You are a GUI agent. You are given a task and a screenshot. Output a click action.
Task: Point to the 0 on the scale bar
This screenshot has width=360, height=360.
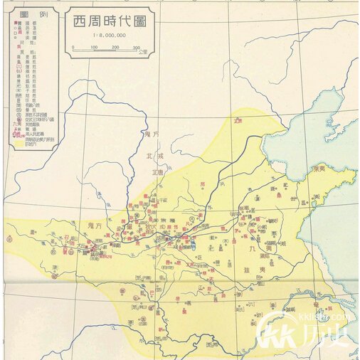coord(73,48)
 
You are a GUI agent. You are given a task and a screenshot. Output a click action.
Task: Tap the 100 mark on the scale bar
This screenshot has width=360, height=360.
coord(94,48)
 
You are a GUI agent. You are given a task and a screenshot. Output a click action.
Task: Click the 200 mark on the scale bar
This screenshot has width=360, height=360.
coord(115,48)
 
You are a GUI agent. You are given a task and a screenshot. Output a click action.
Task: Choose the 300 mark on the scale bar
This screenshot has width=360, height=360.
coord(135,48)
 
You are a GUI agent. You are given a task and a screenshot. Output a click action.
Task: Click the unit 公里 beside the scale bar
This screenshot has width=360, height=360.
coord(143,52)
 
